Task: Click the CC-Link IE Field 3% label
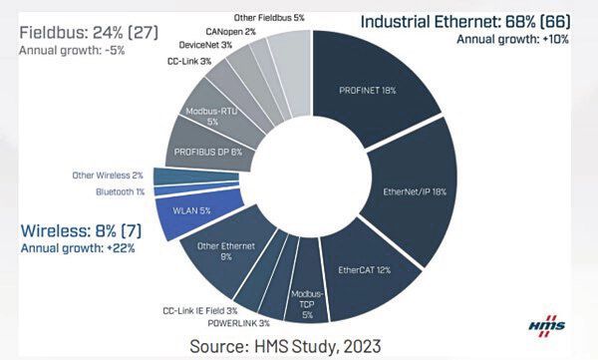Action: [207, 310]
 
